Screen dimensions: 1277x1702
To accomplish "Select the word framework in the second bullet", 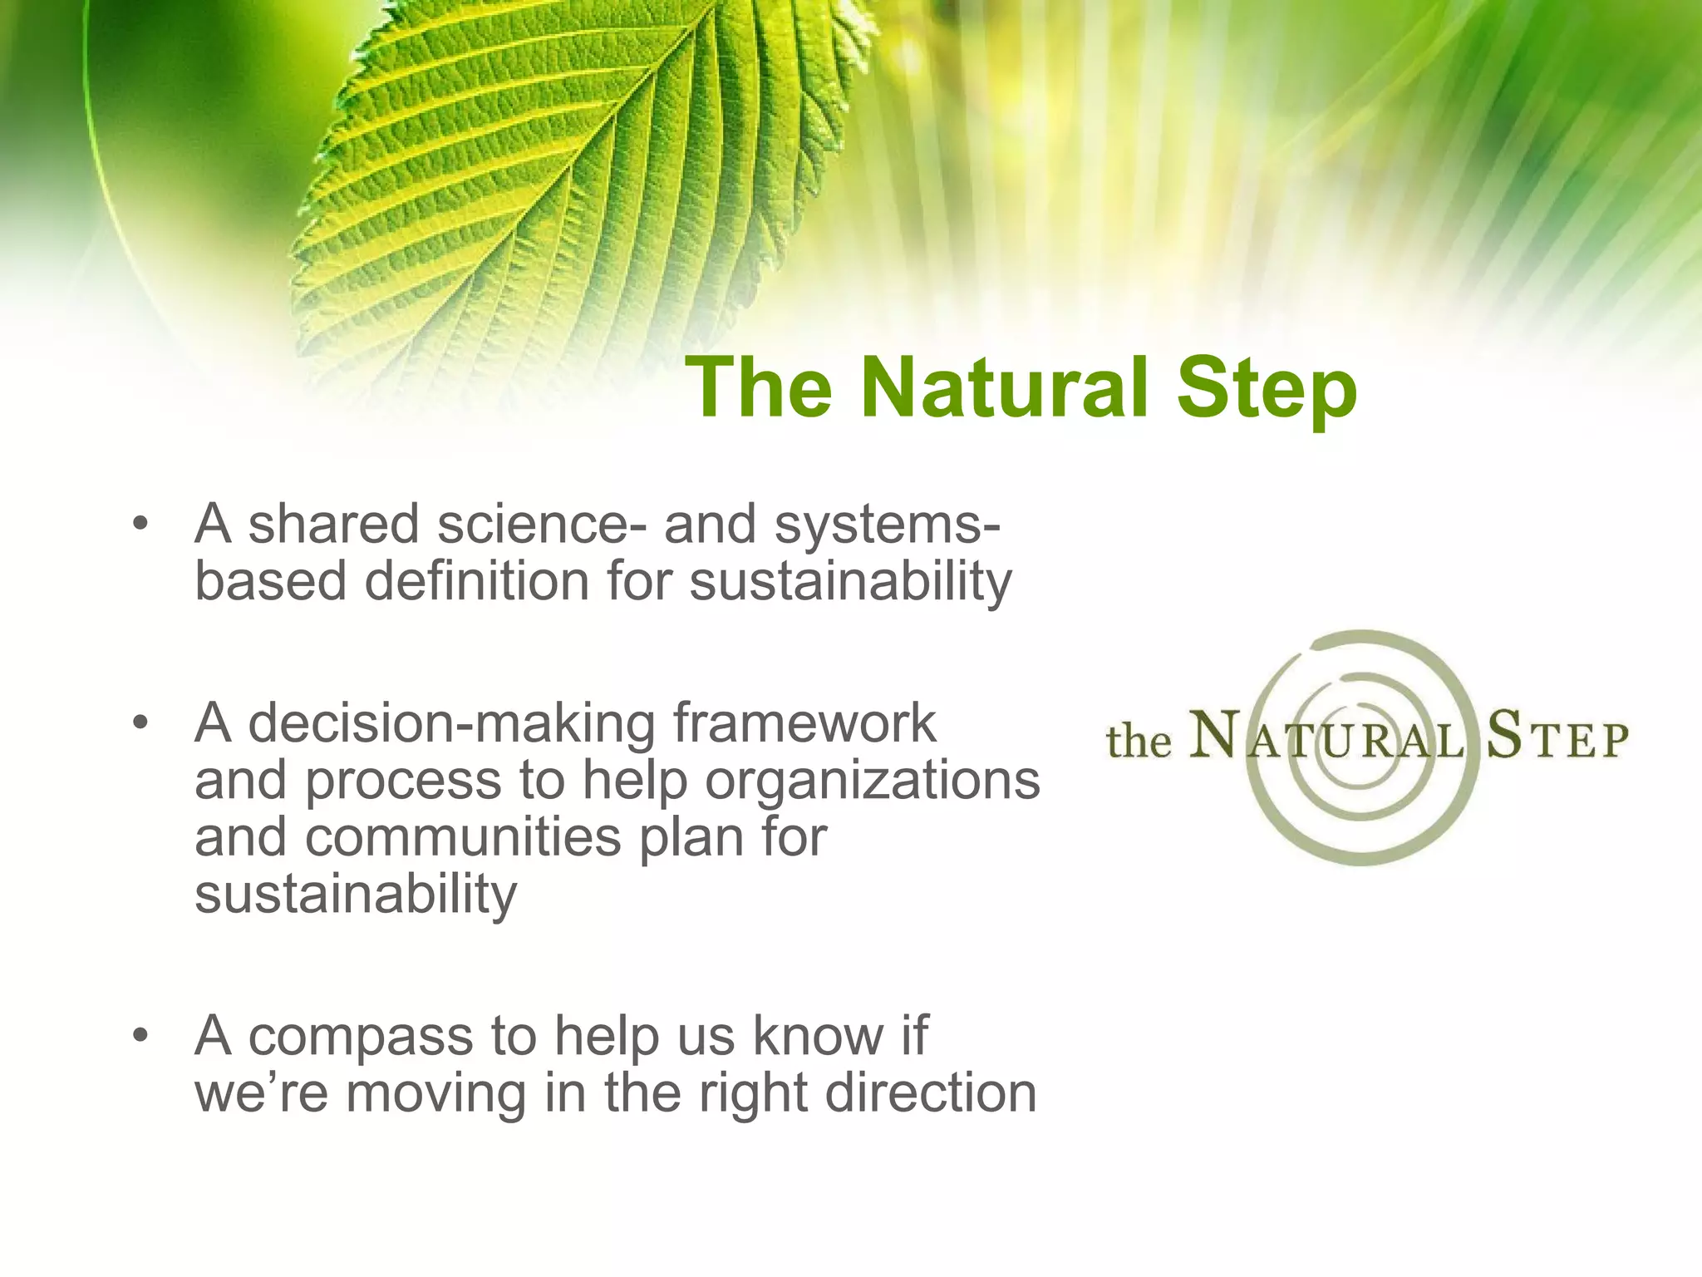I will pos(804,723).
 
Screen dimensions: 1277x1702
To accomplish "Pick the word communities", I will pos(463,837).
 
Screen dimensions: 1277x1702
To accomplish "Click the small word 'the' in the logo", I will pos(1138,741).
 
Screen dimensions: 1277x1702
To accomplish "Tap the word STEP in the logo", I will pos(1557,737).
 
